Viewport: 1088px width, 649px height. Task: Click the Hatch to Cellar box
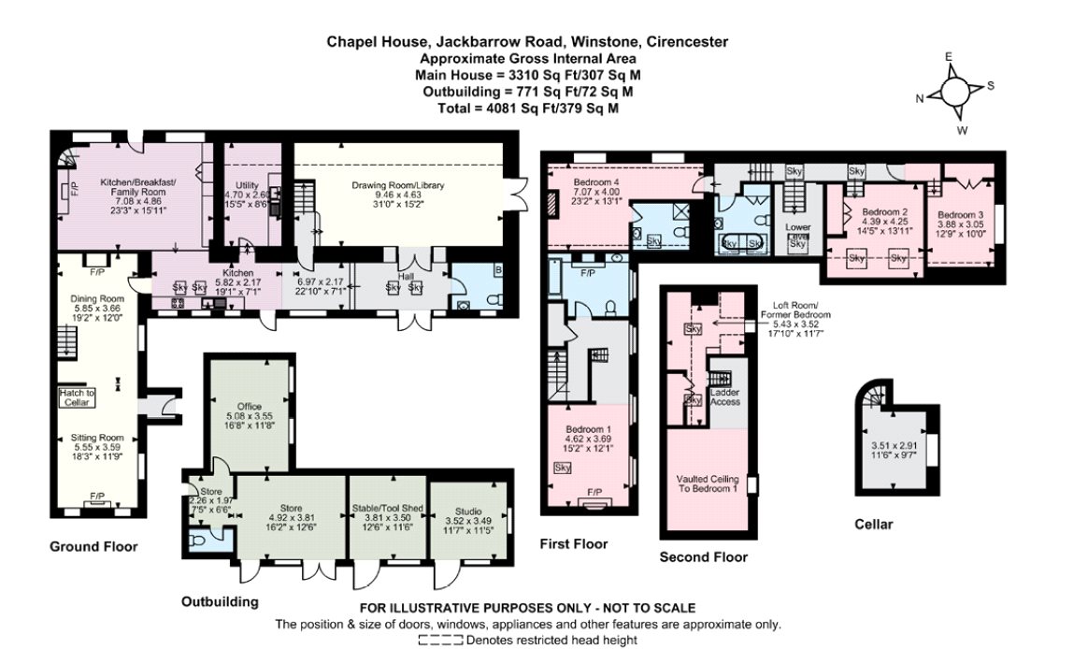pyautogui.click(x=77, y=397)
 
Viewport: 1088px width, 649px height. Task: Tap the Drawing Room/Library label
pyautogui.click(x=397, y=185)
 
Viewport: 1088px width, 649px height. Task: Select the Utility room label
pyautogui.click(x=247, y=185)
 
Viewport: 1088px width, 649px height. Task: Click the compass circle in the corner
pyautogui.click(x=954, y=90)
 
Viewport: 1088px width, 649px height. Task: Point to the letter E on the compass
pyautogui.click(x=949, y=56)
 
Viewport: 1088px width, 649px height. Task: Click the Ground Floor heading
pyautogui.click(x=93, y=547)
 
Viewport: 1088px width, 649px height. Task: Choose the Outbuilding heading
pyautogui.click(x=220, y=602)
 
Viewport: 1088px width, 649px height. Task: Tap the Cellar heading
pyautogui.click(x=874, y=524)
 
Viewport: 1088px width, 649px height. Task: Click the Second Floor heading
pyautogui.click(x=704, y=556)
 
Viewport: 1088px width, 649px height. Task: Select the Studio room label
pyautogui.click(x=468, y=512)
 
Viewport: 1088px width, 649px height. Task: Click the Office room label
pyautogui.click(x=250, y=407)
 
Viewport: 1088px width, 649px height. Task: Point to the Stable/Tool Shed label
pyautogui.click(x=387, y=508)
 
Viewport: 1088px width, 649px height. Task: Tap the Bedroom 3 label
pyautogui.click(x=960, y=215)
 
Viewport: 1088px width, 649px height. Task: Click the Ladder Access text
pyautogui.click(x=725, y=397)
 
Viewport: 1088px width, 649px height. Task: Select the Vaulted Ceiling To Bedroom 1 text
pyautogui.click(x=708, y=483)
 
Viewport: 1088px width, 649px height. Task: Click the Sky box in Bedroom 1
pyautogui.click(x=563, y=468)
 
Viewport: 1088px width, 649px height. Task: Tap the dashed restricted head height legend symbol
pyautogui.click(x=440, y=640)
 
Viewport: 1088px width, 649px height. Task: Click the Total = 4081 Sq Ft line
pyautogui.click(x=528, y=108)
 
